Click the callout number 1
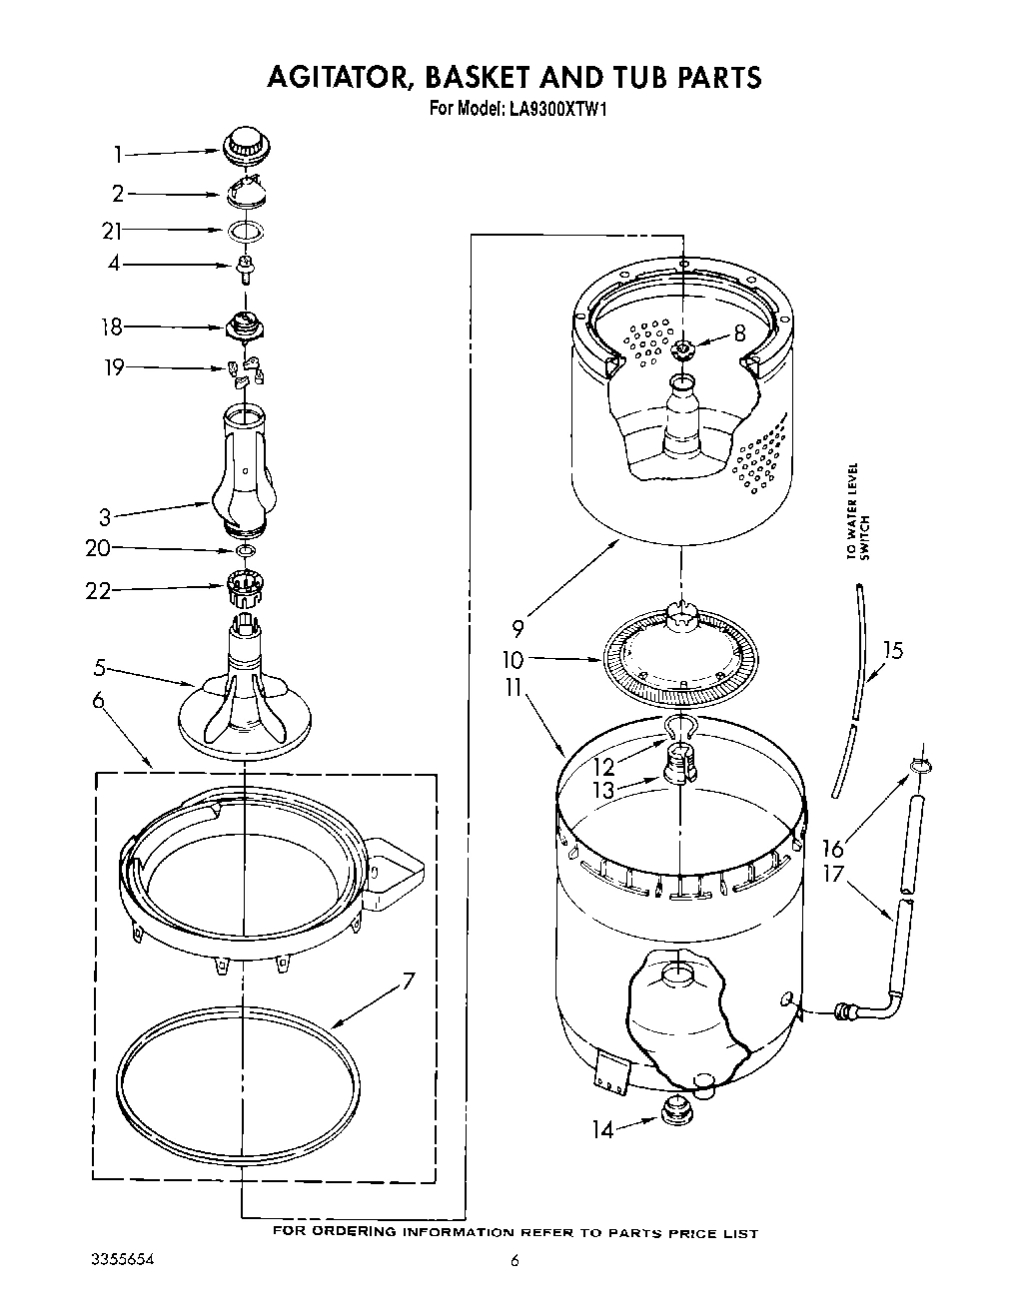117,155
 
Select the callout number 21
111,232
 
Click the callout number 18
111,326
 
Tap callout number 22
97,591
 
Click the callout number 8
739,334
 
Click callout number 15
893,651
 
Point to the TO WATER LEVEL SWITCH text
858,511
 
